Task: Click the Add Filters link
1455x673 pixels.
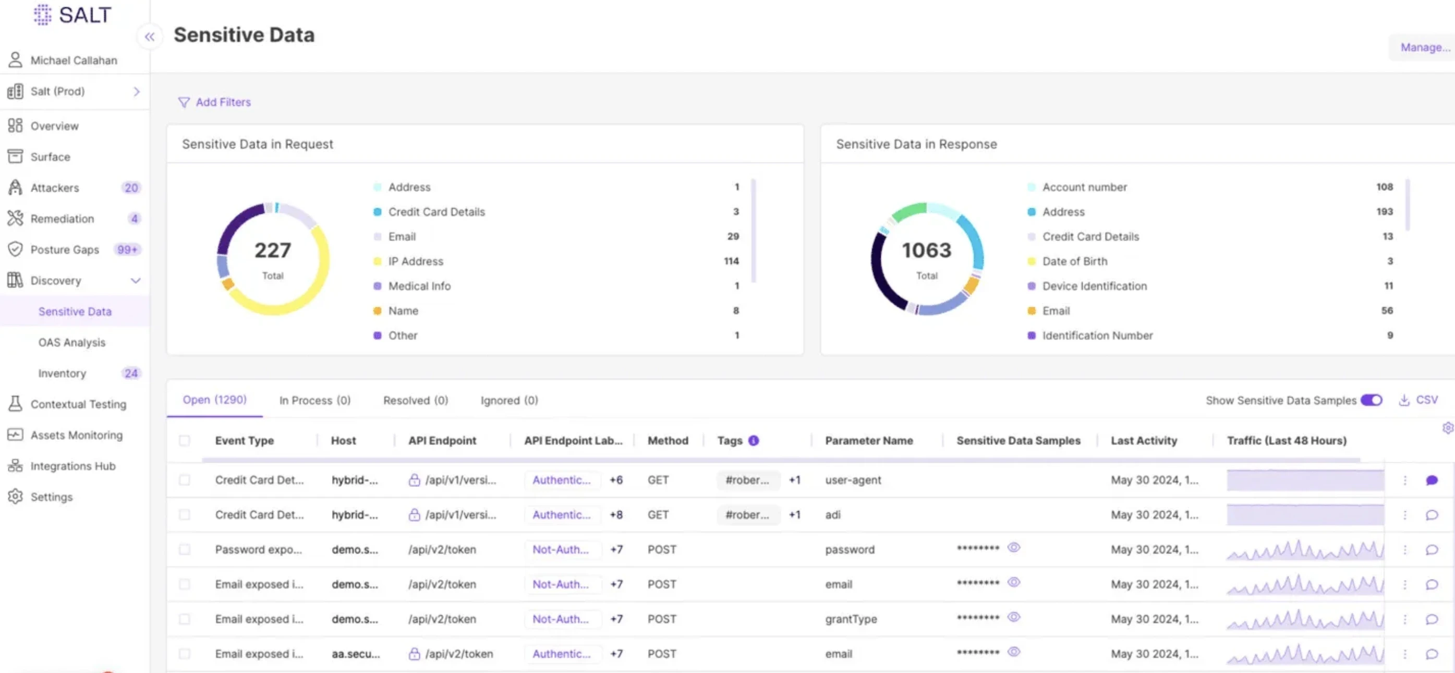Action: pos(222,102)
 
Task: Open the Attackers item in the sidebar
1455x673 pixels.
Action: pos(54,188)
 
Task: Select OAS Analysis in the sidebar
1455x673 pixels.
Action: pos(72,342)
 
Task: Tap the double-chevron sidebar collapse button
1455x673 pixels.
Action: pos(149,37)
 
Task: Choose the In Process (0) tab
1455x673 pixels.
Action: pos(314,400)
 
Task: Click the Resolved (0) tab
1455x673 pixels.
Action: pos(415,400)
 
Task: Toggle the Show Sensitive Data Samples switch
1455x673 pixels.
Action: pos(1371,400)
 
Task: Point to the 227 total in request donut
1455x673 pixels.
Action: pos(273,250)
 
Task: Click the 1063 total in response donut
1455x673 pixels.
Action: pos(926,250)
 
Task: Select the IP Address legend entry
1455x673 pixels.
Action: pos(415,261)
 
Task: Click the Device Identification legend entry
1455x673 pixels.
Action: pos(1094,286)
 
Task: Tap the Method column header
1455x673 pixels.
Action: pos(668,440)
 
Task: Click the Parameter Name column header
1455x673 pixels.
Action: pos(869,440)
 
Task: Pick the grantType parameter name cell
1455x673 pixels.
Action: pos(851,619)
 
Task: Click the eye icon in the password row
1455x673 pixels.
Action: pos(1014,548)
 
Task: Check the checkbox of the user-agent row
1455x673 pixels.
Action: pos(185,480)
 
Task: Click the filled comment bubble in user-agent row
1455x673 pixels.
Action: pos(1432,480)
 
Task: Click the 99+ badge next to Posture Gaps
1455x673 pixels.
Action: pos(127,250)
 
